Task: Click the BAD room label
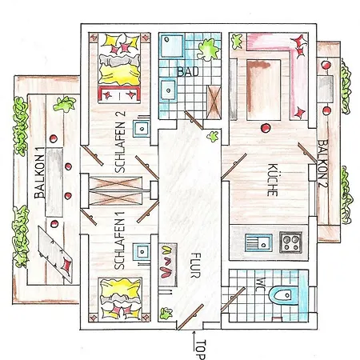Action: [x=188, y=72]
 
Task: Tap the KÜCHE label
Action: [x=272, y=180]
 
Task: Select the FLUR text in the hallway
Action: [x=196, y=266]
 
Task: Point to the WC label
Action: [x=262, y=285]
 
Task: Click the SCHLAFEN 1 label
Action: [x=119, y=241]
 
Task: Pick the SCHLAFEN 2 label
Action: [x=120, y=142]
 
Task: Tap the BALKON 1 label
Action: [x=40, y=177]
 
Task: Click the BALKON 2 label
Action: [x=322, y=164]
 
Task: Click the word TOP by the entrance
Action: [x=201, y=350]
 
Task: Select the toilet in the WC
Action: [x=283, y=295]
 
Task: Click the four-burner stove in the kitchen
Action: [x=291, y=242]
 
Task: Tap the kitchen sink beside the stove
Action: [x=258, y=242]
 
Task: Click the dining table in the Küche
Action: [x=264, y=90]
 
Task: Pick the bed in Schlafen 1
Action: [x=120, y=299]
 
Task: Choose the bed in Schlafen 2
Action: [x=119, y=68]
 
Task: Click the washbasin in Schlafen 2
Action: [x=142, y=129]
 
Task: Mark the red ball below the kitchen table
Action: [x=266, y=128]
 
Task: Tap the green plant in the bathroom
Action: [x=209, y=50]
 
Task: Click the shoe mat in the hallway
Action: [x=168, y=265]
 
